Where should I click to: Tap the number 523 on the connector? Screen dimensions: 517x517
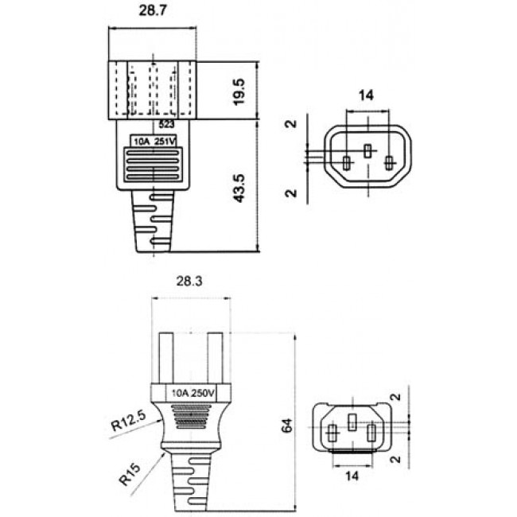166,125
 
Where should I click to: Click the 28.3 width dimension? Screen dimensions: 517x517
190,281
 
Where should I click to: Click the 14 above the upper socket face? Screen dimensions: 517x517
366,95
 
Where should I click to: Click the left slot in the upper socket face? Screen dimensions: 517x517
346,164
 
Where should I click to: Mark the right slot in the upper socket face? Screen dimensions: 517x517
388,164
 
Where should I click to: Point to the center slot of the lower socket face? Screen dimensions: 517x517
351,422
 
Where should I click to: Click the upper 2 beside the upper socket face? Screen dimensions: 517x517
291,125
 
